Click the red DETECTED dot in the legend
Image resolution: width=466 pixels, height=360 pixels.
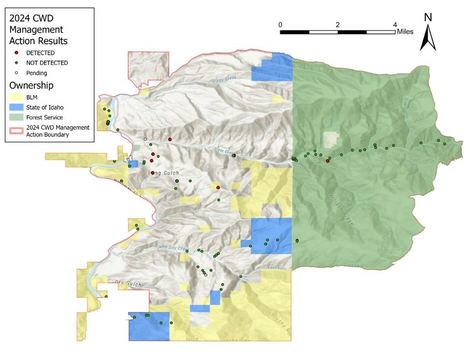click(x=16, y=53)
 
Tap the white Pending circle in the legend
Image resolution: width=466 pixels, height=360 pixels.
click(x=16, y=73)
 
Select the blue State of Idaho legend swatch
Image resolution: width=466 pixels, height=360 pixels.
click(x=16, y=107)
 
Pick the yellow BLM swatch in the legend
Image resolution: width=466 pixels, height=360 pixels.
click(x=16, y=97)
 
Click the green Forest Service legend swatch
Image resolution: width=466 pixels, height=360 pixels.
click(x=16, y=117)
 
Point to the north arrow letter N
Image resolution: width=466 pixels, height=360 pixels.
click(x=428, y=17)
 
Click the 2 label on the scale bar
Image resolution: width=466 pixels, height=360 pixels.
click(x=338, y=24)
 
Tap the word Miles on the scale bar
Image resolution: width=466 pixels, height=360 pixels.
click(x=405, y=32)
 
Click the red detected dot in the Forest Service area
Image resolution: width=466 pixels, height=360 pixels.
click(x=328, y=161)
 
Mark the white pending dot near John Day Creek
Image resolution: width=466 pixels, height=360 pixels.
click(x=206, y=275)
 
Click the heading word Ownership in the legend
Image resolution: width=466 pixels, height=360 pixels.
click(x=31, y=85)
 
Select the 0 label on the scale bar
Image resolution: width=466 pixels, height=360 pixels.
click(x=280, y=24)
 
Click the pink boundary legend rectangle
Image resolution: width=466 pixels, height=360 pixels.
click(x=16, y=131)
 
